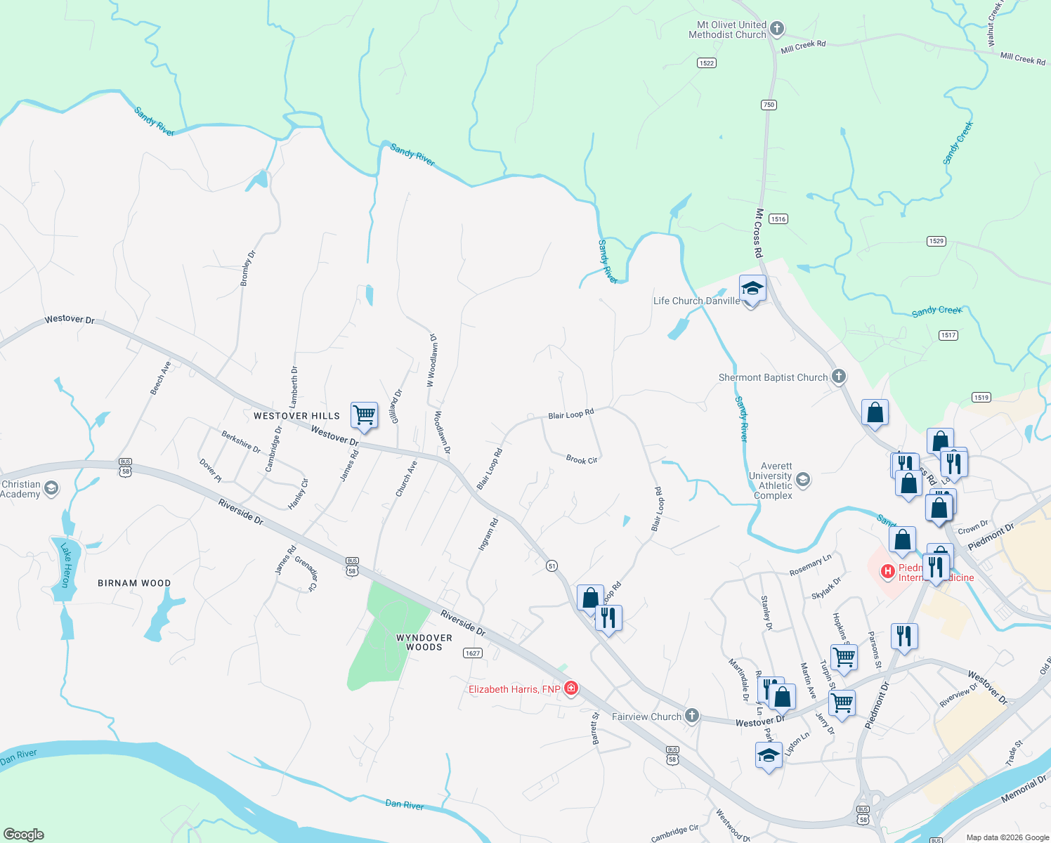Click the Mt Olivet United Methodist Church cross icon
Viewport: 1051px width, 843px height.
pos(776,29)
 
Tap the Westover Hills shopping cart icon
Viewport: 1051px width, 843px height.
pos(364,415)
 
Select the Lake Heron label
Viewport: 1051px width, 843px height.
pos(65,565)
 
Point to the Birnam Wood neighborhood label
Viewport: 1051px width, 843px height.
pos(134,583)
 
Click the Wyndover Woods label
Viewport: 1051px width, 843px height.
pos(424,642)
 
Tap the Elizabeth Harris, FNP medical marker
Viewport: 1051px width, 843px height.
pos(571,688)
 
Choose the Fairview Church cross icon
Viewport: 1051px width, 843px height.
pos(692,716)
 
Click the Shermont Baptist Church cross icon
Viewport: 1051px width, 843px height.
pos(839,377)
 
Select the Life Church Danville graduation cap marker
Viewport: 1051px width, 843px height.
pos(752,289)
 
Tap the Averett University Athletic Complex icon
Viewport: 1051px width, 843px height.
pos(803,480)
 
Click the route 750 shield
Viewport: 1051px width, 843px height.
pos(768,105)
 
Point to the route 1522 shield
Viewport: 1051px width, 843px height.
pos(707,63)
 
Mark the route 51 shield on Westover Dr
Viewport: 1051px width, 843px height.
pos(552,566)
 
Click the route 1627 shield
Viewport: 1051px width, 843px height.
pos(473,653)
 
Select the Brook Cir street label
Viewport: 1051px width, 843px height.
pos(582,459)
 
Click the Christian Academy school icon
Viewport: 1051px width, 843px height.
pos(51,488)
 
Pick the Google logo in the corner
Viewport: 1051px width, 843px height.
pos(23,835)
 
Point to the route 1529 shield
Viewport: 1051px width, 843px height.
pos(936,241)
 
